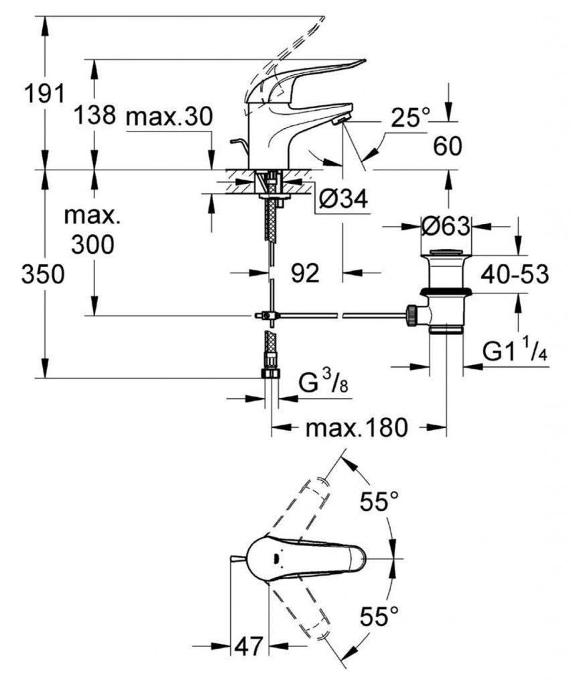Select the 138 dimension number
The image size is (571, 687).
94,115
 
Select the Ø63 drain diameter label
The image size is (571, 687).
446,227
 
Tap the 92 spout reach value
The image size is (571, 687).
306,273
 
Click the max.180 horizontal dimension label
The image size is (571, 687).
357,427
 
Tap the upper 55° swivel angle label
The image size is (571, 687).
379,500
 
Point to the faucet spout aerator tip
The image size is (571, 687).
340,119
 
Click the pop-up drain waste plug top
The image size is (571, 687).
446,254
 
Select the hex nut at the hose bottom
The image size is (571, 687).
270,373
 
